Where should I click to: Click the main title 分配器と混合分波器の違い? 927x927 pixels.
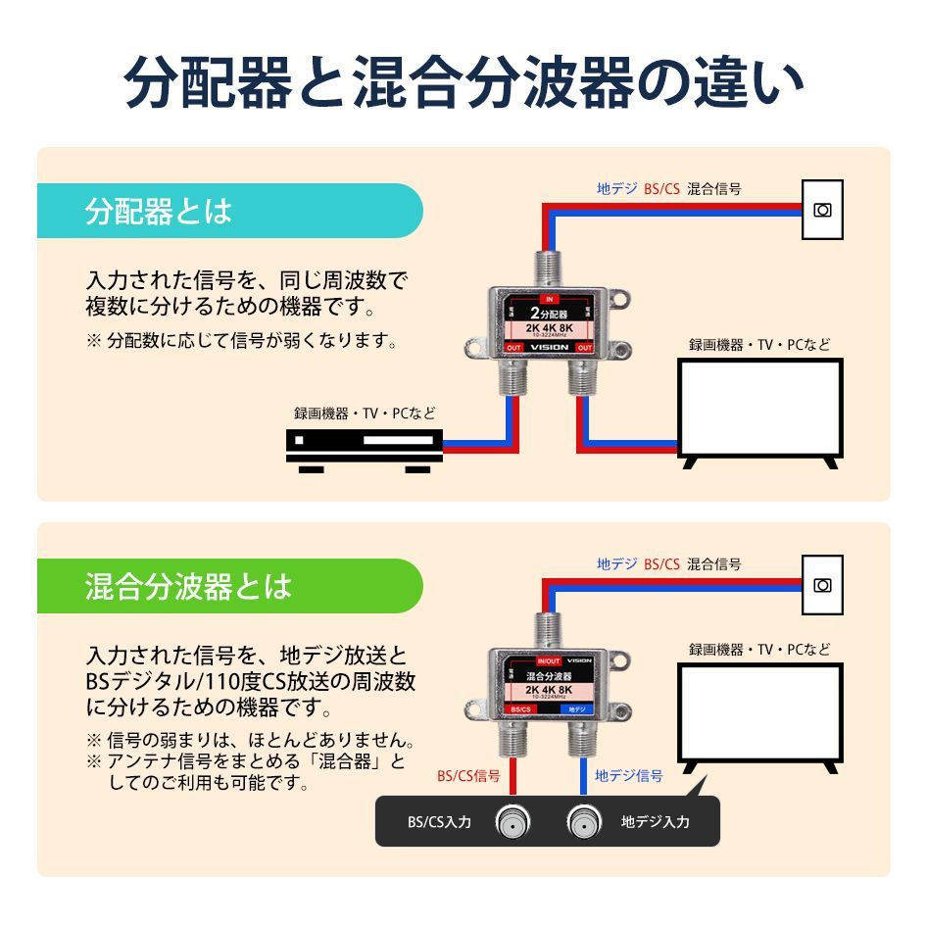tap(463, 83)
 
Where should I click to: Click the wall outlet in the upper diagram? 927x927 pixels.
tap(822, 209)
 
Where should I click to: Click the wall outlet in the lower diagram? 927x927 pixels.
tap(822, 585)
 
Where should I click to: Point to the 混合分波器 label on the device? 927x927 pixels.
tap(549, 676)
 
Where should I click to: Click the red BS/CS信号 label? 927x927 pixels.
tap(468, 776)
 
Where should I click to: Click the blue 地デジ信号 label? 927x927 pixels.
tap(628, 776)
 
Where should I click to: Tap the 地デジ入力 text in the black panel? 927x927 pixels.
tap(655, 822)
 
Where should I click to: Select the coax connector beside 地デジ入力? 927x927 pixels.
tap(582, 821)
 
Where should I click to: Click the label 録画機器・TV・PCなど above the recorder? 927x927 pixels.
tap(365, 414)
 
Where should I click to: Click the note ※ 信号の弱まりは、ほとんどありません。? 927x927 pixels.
tap(251, 740)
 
